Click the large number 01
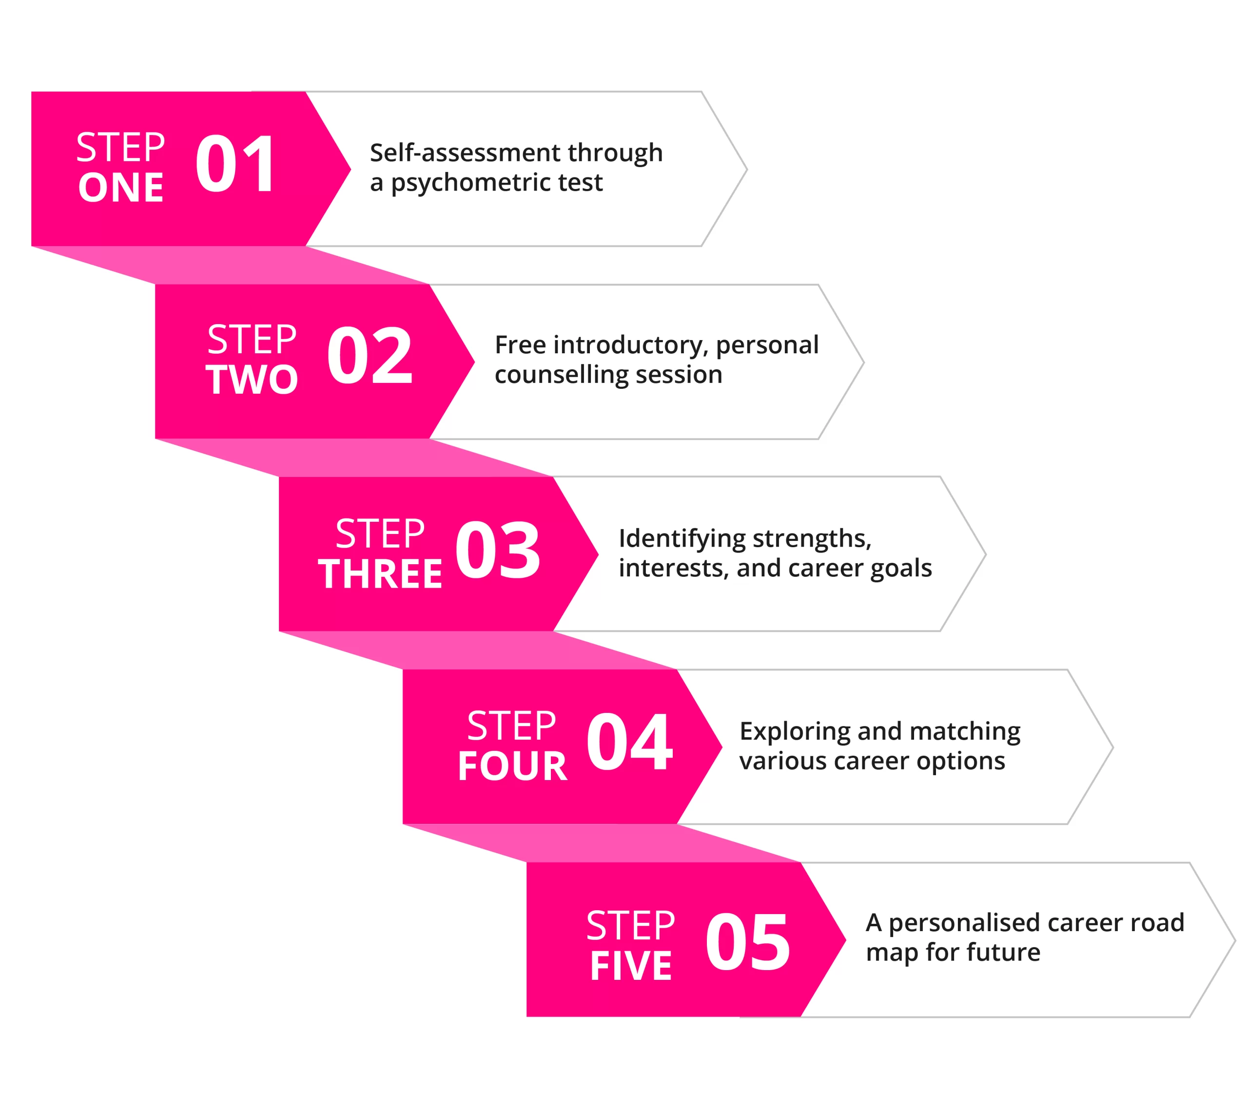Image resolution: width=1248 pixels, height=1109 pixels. coord(235,164)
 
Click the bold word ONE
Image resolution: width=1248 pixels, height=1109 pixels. coord(121,188)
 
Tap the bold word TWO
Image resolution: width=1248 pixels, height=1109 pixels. coord(252,380)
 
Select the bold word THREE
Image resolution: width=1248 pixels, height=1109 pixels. coord(380,574)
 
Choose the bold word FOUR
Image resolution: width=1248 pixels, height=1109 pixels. coord(512,766)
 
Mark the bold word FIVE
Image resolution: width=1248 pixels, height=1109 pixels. coord(631,966)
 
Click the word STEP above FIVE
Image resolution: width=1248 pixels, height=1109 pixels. coord(631,926)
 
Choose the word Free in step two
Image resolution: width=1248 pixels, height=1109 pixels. coord(520,345)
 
